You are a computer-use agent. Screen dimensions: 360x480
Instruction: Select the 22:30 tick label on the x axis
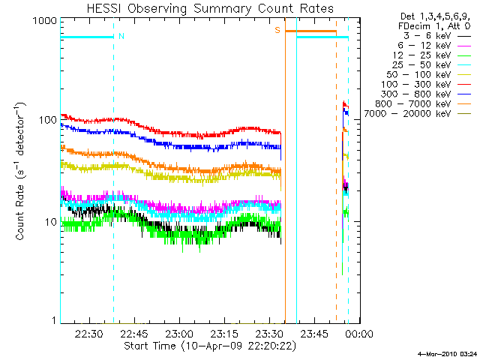(89, 334)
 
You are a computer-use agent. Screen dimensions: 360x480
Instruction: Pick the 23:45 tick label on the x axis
(314, 334)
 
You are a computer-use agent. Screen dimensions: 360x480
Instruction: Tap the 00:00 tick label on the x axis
(359, 334)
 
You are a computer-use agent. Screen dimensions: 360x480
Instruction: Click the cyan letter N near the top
(121, 35)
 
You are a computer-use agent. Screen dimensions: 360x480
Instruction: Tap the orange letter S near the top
(277, 30)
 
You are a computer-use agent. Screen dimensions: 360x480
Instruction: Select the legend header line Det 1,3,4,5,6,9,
(435, 16)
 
